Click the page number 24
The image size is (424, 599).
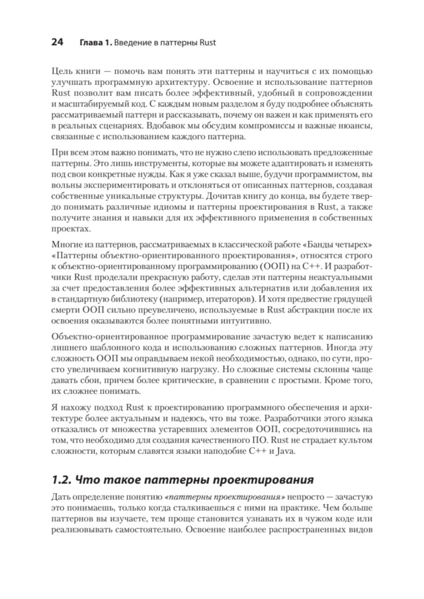point(57,42)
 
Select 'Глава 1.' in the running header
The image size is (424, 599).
point(96,43)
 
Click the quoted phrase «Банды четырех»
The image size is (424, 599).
point(338,245)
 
